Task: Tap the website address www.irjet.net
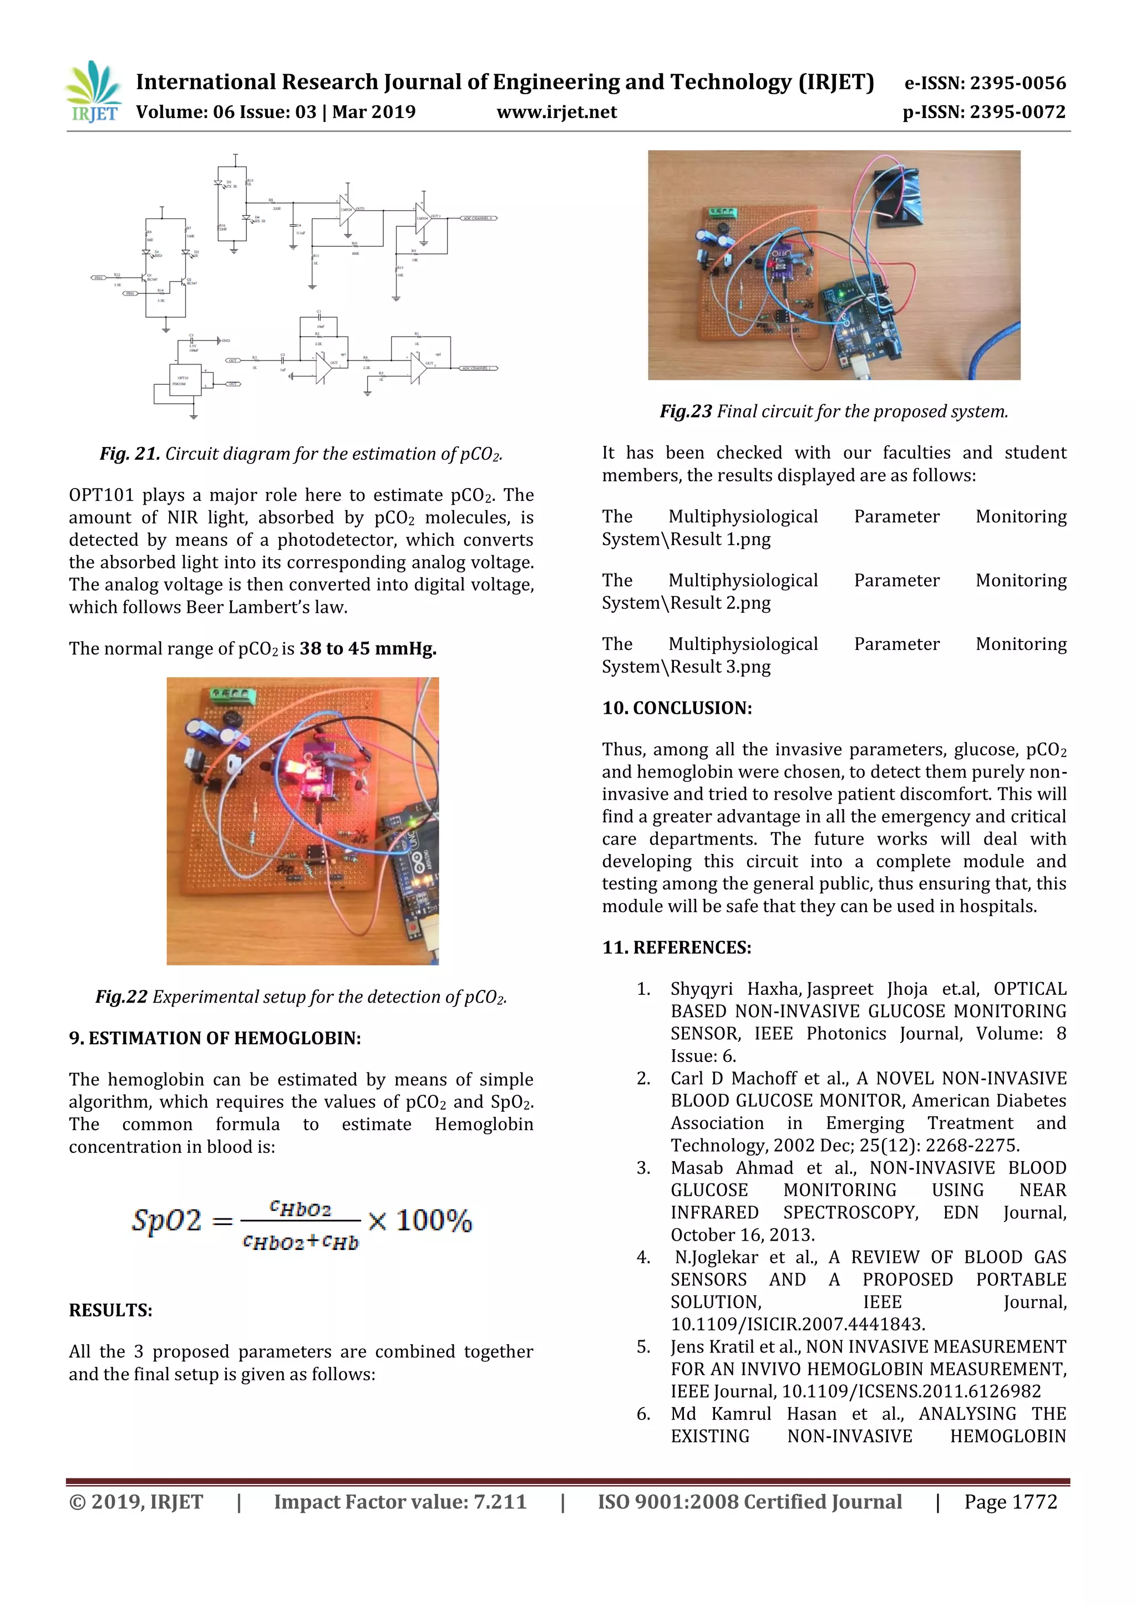click(x=556, y=113)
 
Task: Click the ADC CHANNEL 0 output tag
click(x=478, y=218)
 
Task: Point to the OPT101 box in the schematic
click(x=183, y=380)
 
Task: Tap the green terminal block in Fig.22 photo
click(x=233, y=695)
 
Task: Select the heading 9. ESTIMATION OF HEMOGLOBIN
click(x=215, y=1038)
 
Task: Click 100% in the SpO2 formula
click(x=434, y=1221)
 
